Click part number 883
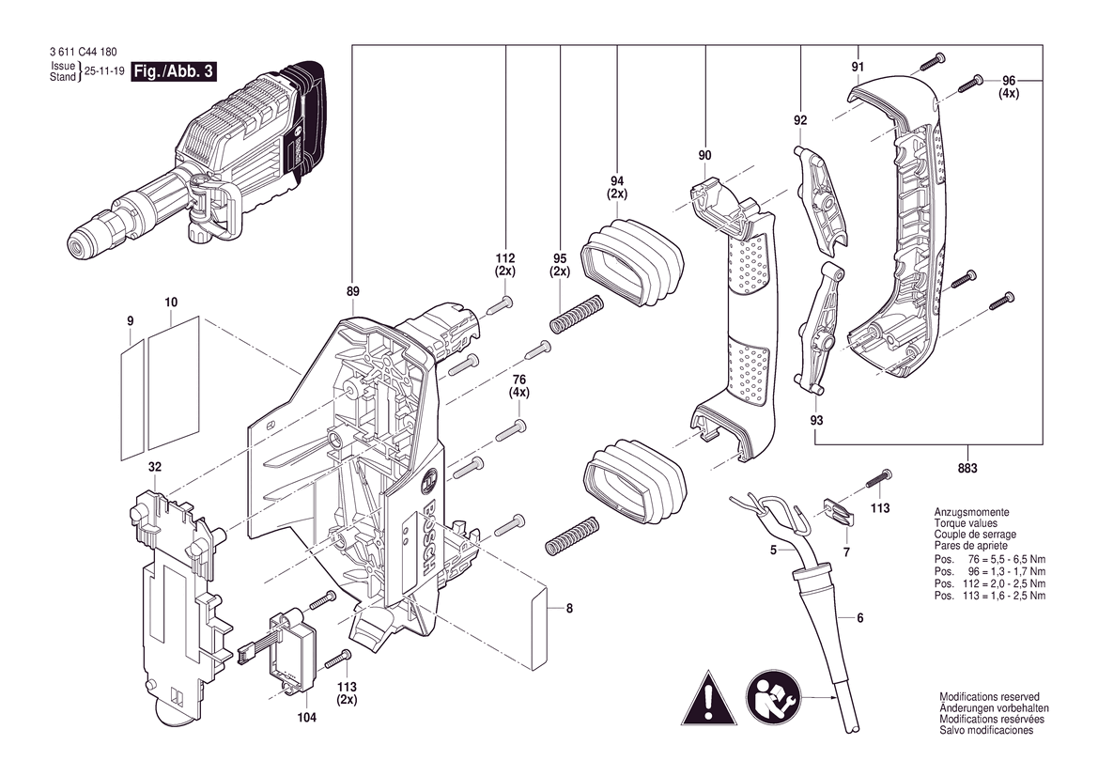point(967,468)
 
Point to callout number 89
point(352,291)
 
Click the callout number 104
point(307,717)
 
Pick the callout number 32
point(155,467)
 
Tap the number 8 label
point(569,609)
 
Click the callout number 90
point(704,155)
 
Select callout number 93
point(816,420)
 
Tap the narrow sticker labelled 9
point(131,400)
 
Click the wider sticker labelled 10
point(173,384)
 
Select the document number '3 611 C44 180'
point(84,52)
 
